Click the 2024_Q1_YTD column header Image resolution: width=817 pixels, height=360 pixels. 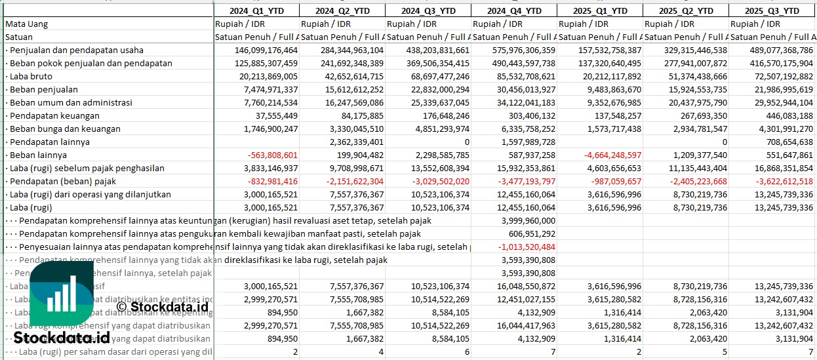(x=256, y=10)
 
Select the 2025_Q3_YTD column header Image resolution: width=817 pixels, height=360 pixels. (x=772, y=10)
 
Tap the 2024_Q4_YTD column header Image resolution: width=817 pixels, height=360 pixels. (x=514, y=10)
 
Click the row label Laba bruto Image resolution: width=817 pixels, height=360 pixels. (x=29, y=76)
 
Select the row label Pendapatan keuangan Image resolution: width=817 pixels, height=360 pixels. (x=50, y=115)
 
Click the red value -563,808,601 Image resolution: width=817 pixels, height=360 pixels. (x=270, y=155)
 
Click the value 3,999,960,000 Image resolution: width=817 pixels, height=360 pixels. (x=528, y=220)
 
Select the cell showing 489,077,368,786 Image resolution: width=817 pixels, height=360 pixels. (x=772, y=50)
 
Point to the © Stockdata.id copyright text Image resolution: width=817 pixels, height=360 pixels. (x=162, y=306)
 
